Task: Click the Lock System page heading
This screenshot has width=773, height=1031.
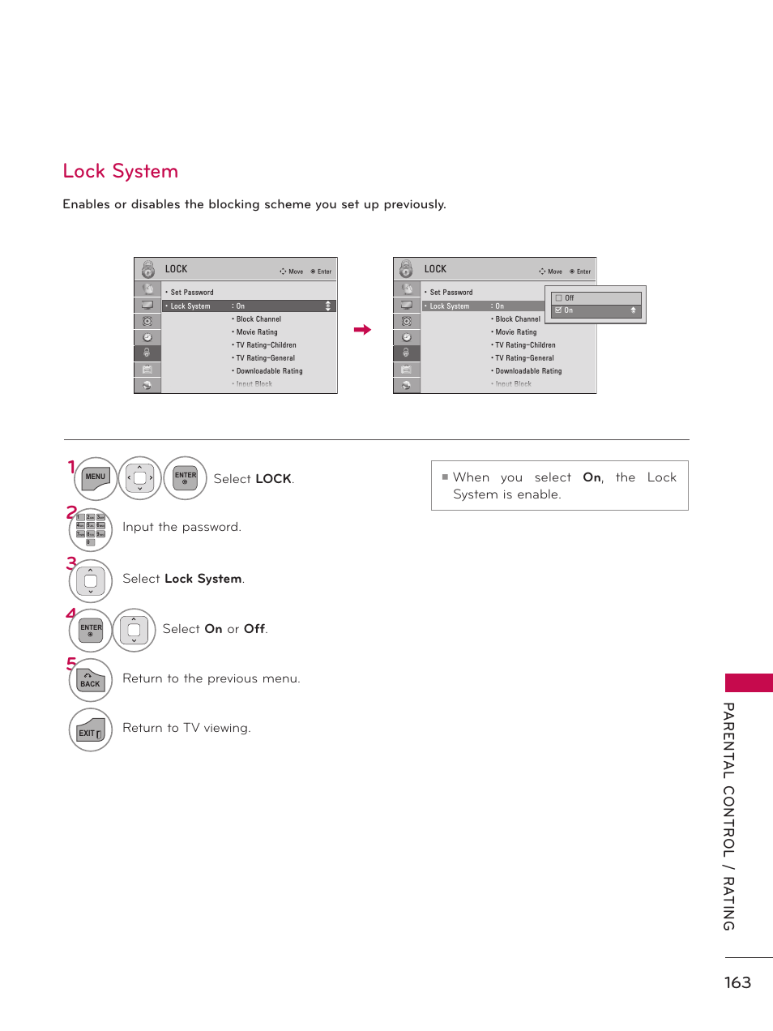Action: (121, 171)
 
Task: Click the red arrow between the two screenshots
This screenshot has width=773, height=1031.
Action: (362, 330)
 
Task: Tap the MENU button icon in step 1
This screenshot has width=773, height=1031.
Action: (96, 477)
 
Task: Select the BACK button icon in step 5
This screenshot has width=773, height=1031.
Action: (91, 680)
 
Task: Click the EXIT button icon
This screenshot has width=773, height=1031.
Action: (91, 730)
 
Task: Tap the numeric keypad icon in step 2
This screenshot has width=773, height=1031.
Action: (91, 529)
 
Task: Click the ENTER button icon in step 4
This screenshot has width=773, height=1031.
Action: (91, 630)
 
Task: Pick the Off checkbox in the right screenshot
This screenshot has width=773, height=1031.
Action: (558, 298)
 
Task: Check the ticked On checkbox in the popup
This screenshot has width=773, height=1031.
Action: (558, 310)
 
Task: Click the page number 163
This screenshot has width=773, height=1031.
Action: (737, 982)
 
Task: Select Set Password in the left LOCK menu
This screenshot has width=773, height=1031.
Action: (192, 293)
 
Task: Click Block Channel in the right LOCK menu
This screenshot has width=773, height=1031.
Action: (518, 319)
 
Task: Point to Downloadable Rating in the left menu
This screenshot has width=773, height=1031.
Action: (269, 371)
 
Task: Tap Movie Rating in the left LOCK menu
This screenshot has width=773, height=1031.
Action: (257, 332)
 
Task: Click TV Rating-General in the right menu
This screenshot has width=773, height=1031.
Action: (525, 358)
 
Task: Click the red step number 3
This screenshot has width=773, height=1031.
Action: (71, 563)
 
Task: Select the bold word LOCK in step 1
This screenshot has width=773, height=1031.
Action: (273, 479)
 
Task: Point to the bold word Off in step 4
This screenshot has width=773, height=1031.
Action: (254, 629)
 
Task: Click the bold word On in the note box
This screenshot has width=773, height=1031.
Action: (592, 477)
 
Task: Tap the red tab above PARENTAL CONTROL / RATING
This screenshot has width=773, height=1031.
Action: (749, 682)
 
